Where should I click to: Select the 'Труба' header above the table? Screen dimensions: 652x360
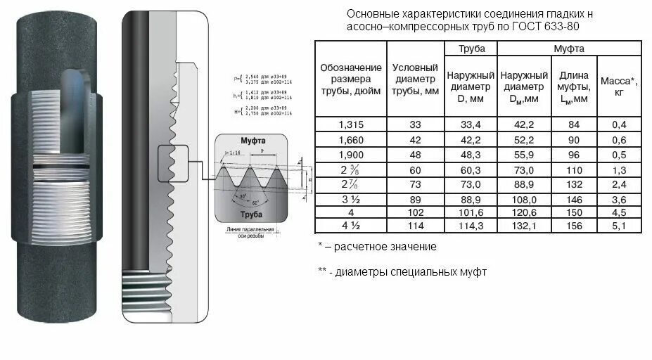pyautogui.click(x=471, y=49)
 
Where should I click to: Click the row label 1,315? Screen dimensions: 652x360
pyautogui.click(x=351, y=124)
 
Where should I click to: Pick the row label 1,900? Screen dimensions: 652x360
pyautogui.click(x=351, y=153)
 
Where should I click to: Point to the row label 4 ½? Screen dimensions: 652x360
pyautogui.click(x=351, y=226)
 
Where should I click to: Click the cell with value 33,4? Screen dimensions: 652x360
pyautogui.click(x=471, y=124)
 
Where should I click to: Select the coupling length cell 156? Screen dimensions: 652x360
pyautogui.click(x=573, y=226)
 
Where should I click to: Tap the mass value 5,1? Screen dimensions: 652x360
pyautogui.click(x=619, y=226)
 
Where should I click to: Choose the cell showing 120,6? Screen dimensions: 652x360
pyautogui.click(x=524, y=212)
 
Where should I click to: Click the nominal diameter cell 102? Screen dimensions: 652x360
pyautogui.click(x=415, y=212)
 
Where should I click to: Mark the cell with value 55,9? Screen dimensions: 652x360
pyautogui.click(x=524, y=153)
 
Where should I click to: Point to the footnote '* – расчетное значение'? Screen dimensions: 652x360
pyautogui.click(x=377, y=247)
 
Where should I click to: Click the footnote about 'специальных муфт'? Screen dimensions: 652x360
pyautogui.click(x=402, y=271)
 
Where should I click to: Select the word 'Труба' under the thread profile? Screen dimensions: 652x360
pyautogui.click(x=251, y=213)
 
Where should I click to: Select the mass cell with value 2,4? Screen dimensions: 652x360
pyautogui.click(x=619, y=183)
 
